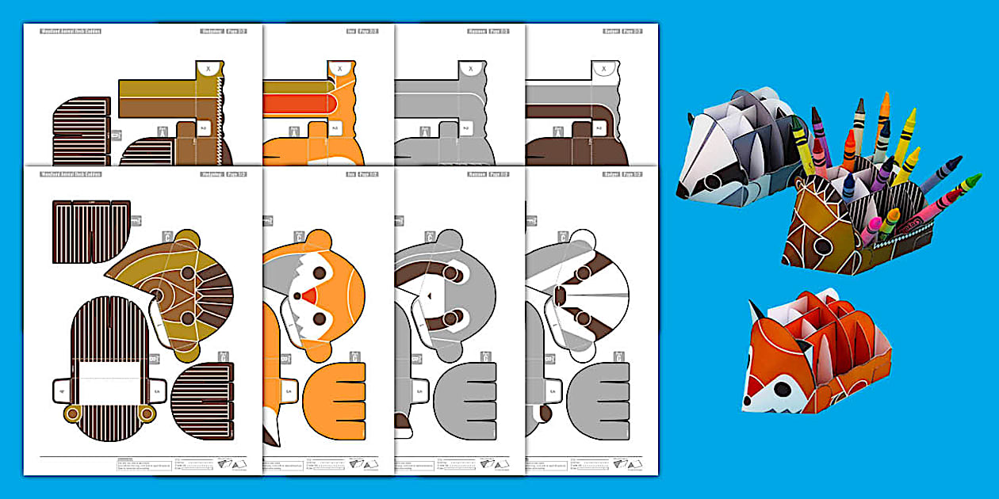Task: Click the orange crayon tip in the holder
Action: coord(884,97)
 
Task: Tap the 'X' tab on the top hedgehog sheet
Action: coord(209,69)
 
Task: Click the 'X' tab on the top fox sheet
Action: coord(340,69)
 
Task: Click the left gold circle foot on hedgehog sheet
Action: coord(73,413)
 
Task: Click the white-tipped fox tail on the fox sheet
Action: coord(273,432)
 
